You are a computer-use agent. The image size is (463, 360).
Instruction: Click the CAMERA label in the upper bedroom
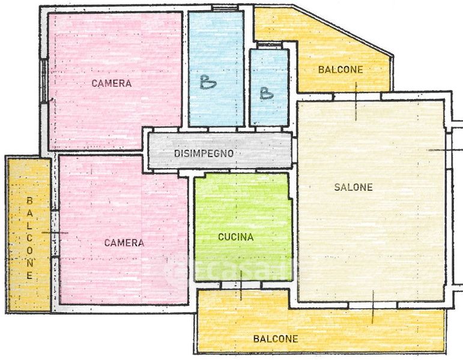point(111,83)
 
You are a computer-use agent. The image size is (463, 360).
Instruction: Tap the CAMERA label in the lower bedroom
point(124,243)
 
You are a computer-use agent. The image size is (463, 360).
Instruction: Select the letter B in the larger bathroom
point(208,82)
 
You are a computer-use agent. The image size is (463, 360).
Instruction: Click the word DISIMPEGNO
point(204,154)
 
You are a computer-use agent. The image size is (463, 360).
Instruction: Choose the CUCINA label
point(235,237)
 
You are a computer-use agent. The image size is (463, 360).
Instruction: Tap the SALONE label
point(354,187)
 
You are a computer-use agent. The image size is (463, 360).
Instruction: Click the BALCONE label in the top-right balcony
point(340,70)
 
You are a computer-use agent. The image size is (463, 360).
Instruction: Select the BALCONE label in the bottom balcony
point(276,339)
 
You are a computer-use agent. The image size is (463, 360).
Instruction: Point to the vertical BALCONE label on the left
point(29,238)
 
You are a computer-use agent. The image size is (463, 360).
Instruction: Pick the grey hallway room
point(220,151)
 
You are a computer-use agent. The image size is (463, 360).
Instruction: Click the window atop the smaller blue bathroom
point(270,45)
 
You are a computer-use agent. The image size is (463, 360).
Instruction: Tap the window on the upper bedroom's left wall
point(44,80)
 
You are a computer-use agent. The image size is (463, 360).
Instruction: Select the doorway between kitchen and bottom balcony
point(241,285)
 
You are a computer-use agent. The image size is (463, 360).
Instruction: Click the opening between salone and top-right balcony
point(357,97)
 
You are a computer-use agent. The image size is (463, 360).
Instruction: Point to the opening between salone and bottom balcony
point(373,305)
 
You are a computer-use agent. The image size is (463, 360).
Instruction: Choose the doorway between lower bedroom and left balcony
point(55,233)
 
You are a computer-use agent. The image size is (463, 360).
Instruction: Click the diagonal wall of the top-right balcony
point(343,30)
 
